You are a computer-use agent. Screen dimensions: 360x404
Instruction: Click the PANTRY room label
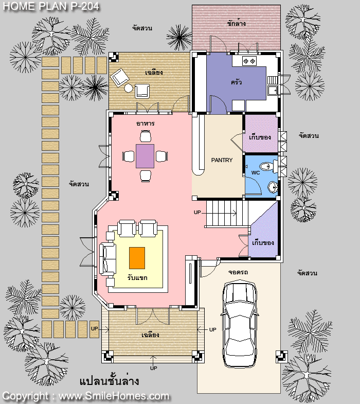[x=222, y=160]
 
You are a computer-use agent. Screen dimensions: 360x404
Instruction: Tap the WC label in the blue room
[x=256, y=172]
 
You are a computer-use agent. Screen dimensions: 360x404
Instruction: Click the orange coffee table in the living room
[x=137, y=258]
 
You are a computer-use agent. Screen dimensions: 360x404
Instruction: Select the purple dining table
[x=145, y=156]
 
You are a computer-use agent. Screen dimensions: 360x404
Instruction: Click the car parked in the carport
[x=240, y=324]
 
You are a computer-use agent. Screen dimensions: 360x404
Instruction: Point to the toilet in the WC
[x=268, y=166]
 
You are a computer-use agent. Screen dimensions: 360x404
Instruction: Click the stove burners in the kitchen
[x=249, y=61]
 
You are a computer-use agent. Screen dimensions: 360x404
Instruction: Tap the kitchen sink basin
[x=272, y=91]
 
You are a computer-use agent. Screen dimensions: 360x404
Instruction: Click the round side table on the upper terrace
[x=129, y=88]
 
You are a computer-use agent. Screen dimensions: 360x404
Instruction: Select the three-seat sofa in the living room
[x=107, y=258]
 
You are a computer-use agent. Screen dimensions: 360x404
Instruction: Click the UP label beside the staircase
[x=197, y=213]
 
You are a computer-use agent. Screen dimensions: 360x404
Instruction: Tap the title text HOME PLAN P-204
[x=51, y=6]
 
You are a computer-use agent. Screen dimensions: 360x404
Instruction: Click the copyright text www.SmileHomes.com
[x=114, y=396]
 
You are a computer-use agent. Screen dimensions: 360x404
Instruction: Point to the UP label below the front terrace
[x=153, y=368]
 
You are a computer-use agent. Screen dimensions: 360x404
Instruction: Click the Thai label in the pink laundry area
[x=237, y=24]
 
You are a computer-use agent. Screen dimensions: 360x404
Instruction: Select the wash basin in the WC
[x=273, y=187]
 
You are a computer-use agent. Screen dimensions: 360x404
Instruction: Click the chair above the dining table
[x=146, y=136]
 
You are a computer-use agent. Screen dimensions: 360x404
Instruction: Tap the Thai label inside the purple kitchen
[x=236, y=82]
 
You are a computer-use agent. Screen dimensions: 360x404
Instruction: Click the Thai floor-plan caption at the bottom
[x=109, y=380]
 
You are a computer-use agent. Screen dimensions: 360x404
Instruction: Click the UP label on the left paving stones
[x=95, y=329]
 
